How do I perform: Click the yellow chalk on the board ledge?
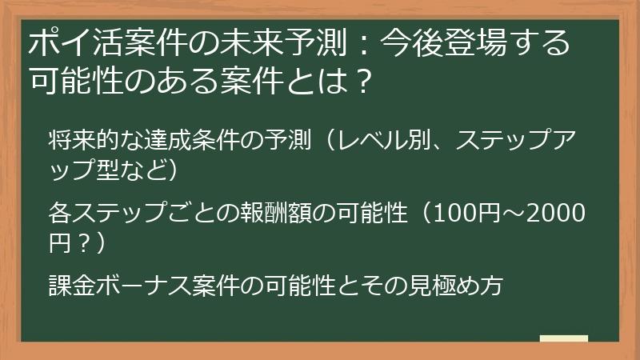pyautogui.click(x=563, y=339)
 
